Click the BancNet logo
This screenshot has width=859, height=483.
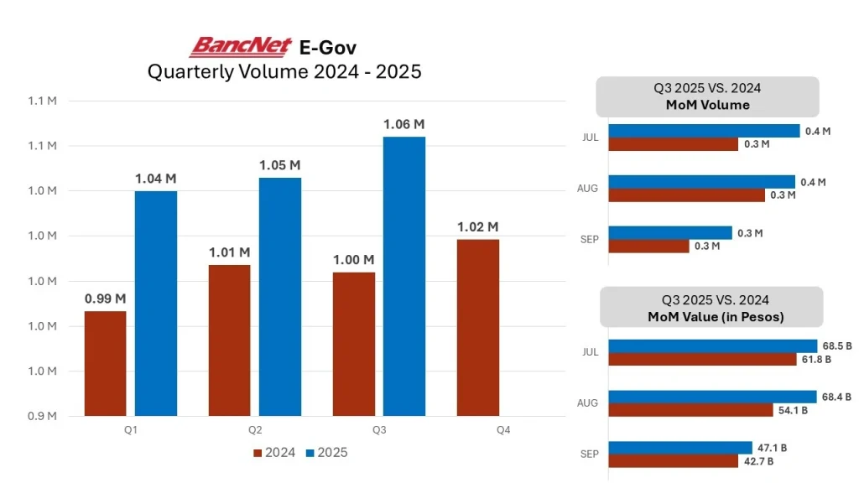click(x=240, y=46)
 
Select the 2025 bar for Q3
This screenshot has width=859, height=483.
click(x=403, y=276)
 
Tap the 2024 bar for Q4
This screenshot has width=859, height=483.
click(x=477, y=327)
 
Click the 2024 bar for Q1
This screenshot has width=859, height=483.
click(x=106, y=363)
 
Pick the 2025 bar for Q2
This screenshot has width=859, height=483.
click(x=279, y=296)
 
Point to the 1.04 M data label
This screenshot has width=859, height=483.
click(x=155, y=179)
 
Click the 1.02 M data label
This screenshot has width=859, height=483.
click(x=477, y=226)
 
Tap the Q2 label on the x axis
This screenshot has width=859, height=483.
click(x=254, y=430)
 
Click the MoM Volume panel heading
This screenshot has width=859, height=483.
click(x=707, y=96)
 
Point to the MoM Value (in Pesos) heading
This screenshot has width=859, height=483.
click(x=710, y=308)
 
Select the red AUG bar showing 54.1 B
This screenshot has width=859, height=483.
click(x=690, y=410)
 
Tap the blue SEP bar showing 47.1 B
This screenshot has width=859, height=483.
click(x=680, y=448)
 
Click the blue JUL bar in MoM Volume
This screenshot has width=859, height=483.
click(x=704, y=131)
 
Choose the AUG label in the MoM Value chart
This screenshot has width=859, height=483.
click(x=588, y=403)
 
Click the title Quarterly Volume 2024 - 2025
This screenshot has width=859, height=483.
click(x=284, y=72)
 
